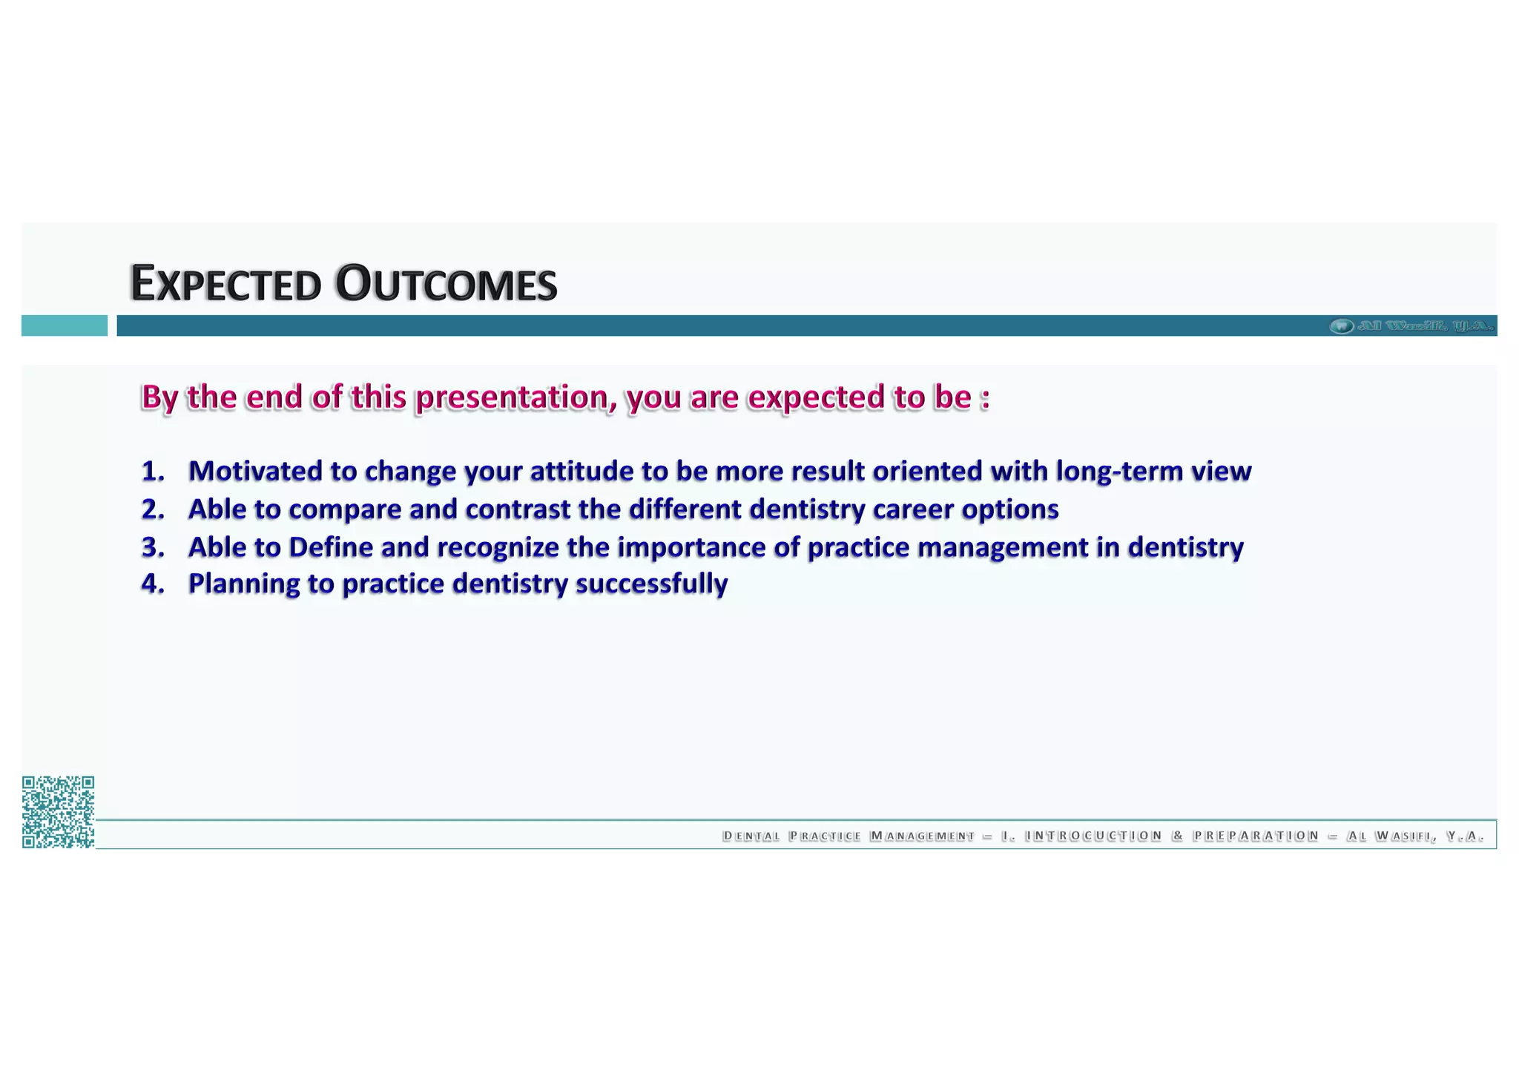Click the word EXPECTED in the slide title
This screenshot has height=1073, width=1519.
tap(225, 284)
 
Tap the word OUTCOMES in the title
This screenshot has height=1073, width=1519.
tap(446, 284)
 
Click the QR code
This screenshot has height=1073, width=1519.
tap(58, 812)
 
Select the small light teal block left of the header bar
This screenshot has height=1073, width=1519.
tap(65, 326)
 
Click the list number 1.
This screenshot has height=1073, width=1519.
tap(152, 472)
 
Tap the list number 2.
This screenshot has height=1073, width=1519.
tap(152, 509)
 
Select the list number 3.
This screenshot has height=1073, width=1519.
tap(152, 547)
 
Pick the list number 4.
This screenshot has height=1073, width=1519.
tap(152, 584)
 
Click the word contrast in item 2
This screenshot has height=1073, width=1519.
tap(517, 509)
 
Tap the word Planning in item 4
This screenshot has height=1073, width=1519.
tap(243, 584)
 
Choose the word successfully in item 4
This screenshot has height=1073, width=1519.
tap(651, 584)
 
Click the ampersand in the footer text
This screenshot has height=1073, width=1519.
tap(1177, 836)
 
